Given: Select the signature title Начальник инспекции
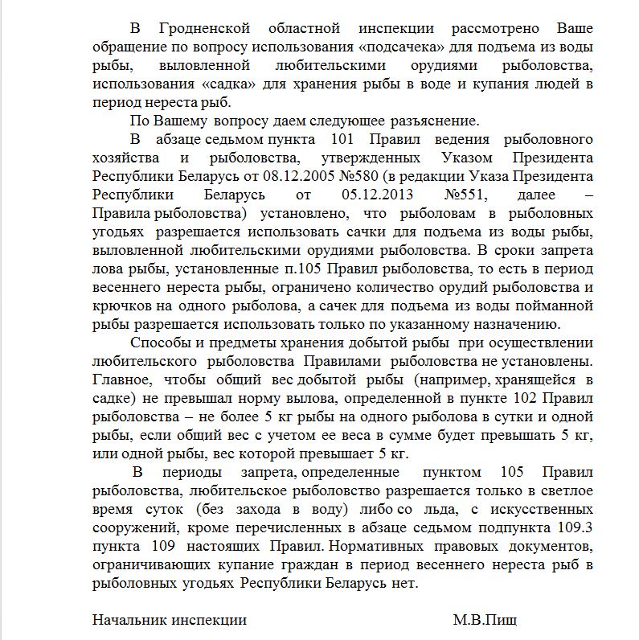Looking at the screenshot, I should coord(170,620).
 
